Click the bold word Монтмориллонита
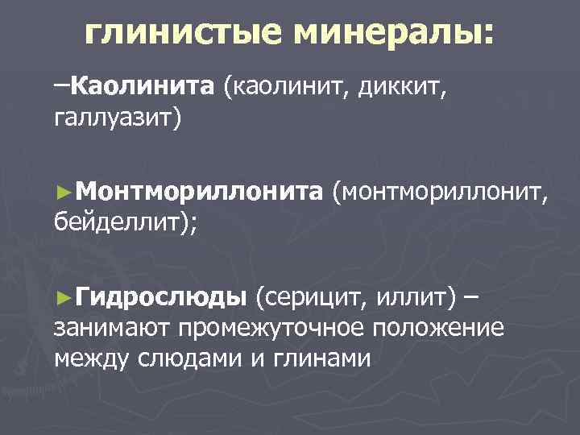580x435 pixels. click(201, 191)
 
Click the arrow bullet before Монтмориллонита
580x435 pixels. click(65, 192)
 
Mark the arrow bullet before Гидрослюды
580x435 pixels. click(65, 297)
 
